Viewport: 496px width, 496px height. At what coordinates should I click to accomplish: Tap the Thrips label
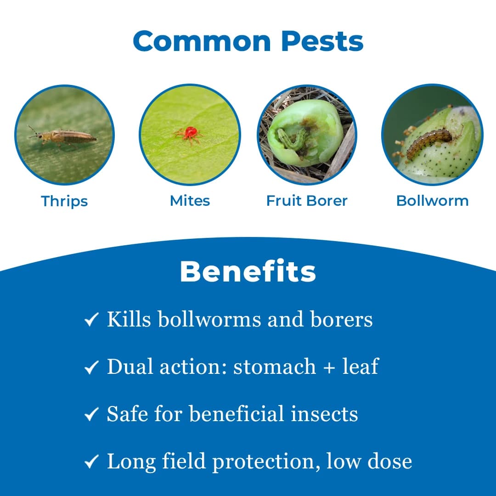coord(64,201)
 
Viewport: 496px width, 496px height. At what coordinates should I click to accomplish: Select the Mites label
coord(190,201)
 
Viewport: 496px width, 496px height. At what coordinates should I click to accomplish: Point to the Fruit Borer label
coord(307,201)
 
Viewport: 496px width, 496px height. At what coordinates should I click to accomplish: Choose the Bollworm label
coord(432,201)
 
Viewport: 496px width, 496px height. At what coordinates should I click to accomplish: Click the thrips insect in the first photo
coord(64,136)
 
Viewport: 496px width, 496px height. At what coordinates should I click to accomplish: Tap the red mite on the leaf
coord(189,133)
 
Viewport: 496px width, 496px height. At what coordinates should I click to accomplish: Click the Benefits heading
coord(248,271)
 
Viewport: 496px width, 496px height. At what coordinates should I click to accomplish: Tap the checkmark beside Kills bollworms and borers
coord(92,320)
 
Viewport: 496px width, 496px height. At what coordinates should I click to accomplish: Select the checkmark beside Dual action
coord(92,367)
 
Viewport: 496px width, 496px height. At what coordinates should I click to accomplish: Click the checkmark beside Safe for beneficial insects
coord(92,415)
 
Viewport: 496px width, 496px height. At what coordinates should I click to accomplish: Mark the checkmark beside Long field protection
coord(92,462)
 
